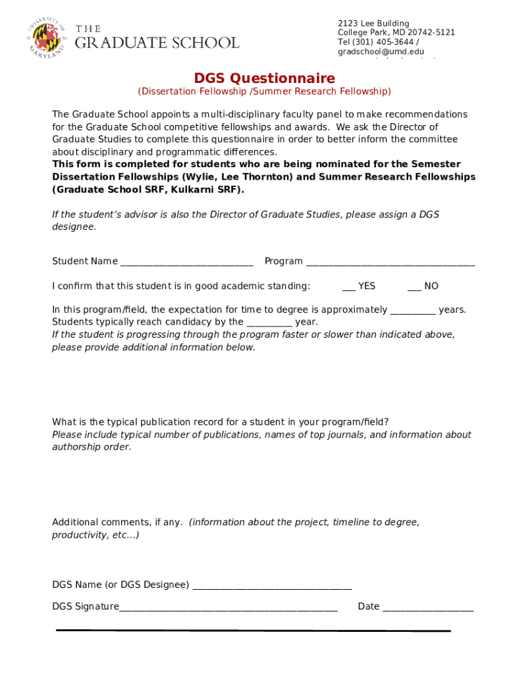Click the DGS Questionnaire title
264,78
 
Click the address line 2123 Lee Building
373,24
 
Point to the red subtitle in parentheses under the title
264,91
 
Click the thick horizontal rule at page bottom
254,631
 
